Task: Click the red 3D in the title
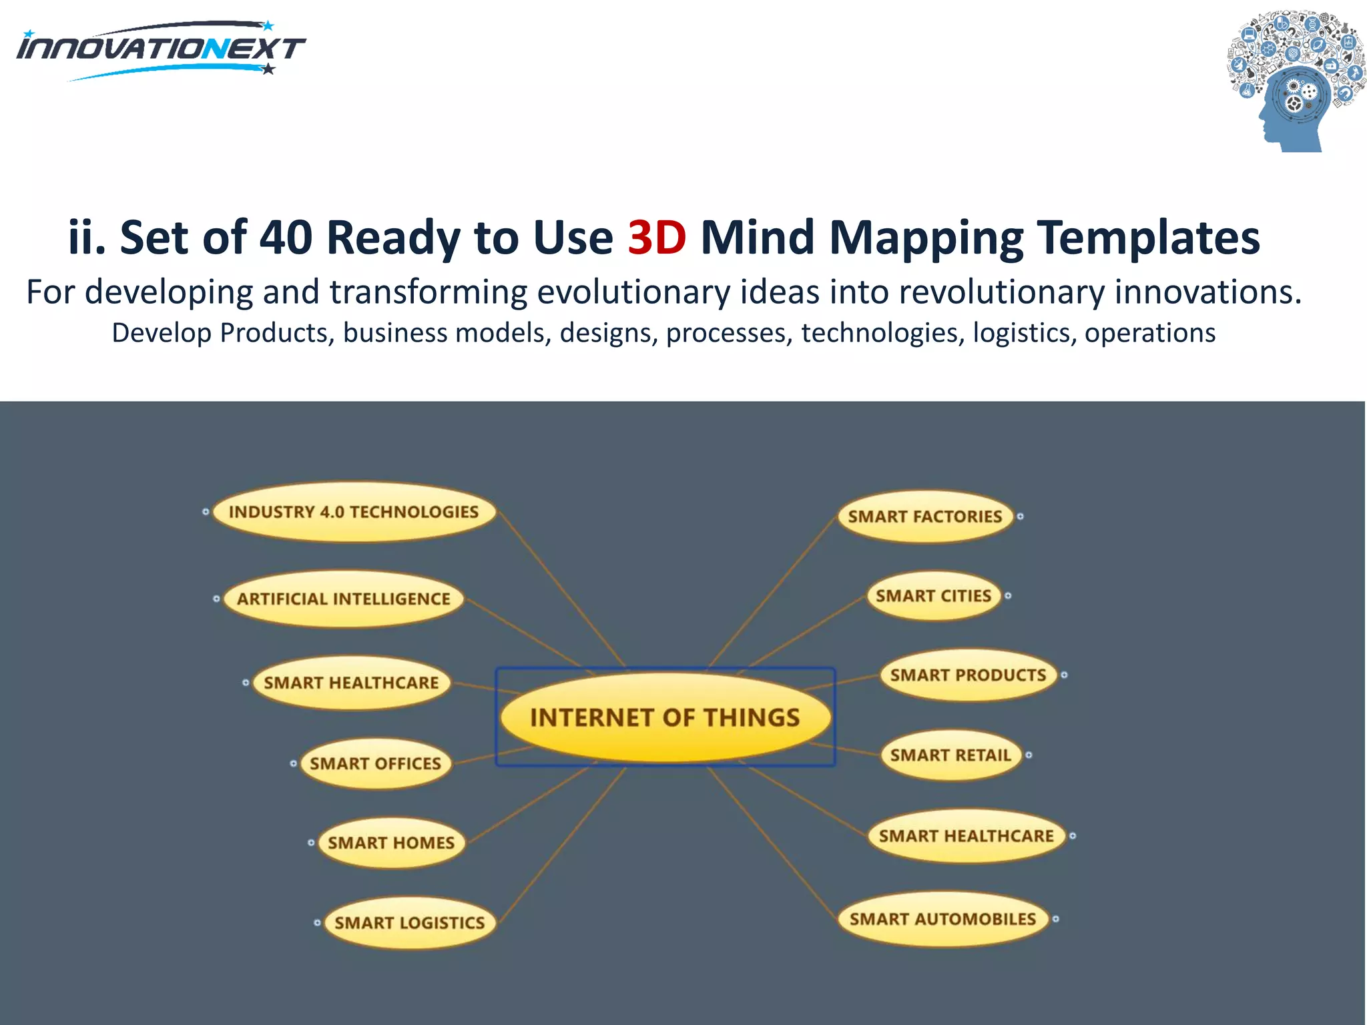click(x=657, y=238)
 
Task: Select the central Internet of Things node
click(x=665, y=717)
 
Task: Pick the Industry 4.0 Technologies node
click(x=354, y=512)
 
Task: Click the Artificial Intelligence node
click(x=344, y=599)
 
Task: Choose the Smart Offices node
click(x=375, y=763)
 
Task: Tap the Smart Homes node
click(x=391, y=843)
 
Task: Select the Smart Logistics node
click(x=410, y=923)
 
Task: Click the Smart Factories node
click(x=925, y=517)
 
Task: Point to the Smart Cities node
click(x=933, y=596)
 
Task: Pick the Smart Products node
click(x=968, y=675)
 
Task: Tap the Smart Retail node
click(x=950, y=755)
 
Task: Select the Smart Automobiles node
click(x=942, y=919)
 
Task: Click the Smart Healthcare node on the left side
click(x=351, y=683)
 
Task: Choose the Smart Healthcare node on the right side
click(x=966, y=836)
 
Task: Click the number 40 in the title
click(x=286, y=238)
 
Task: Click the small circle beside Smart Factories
click(x=1021, y=517)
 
